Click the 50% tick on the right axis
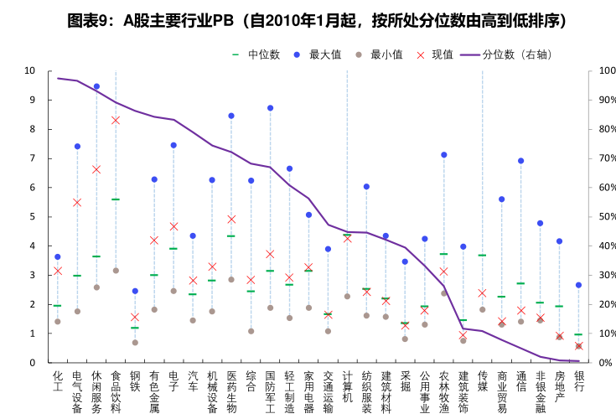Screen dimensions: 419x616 click(598, 217)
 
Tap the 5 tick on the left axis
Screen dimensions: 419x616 click(33, 217)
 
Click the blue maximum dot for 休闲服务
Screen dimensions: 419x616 click(96, 86)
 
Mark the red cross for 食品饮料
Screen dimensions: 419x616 click(116, 120)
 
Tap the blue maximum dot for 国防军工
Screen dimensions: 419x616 click(270, 108)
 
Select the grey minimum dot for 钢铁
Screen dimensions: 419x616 click(135, 342)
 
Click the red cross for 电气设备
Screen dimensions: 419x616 click(77, 202)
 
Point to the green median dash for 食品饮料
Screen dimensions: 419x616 click(116, 199)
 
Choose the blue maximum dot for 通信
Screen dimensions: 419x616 click(520, 161)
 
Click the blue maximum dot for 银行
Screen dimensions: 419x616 click(578, 285)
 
